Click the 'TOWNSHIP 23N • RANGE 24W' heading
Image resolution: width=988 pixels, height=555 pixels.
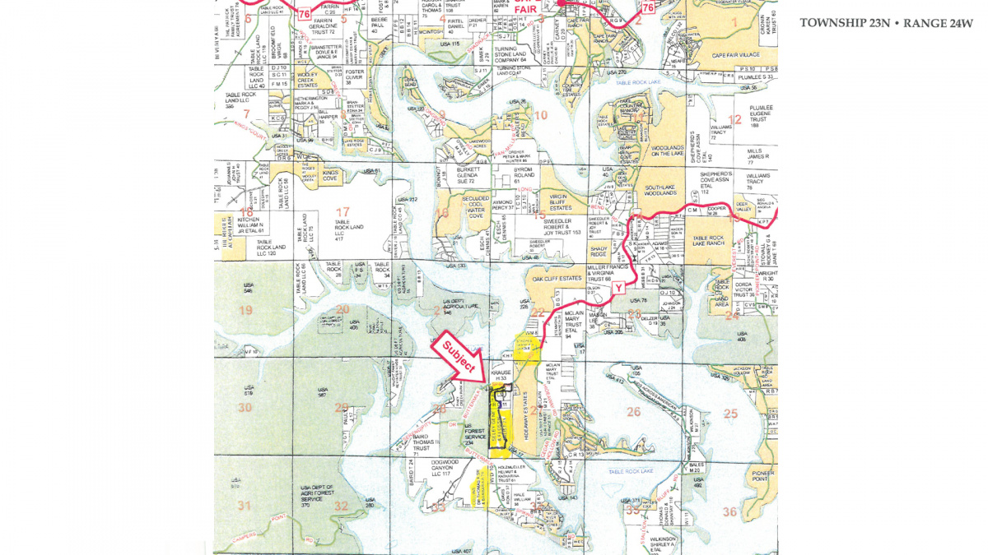pyautogui.click(x=886, y=23)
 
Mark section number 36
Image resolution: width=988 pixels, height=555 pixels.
pyautogui.click(x=729, y=511)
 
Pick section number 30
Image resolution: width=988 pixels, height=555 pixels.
pyautogui.click(x=245, y=408)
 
